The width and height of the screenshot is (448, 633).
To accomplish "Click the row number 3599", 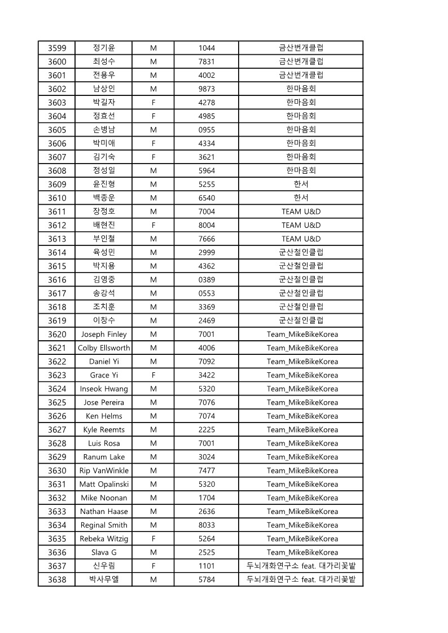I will pyautogui.click(x=57, y=48).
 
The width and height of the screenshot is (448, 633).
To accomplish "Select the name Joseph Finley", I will pyautogui.click(x=104, y=334).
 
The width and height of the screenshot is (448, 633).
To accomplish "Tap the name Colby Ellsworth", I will pyautogui.click(x=104, y=348).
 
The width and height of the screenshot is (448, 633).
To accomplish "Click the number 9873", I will pyautogui.click(x=207, y=89).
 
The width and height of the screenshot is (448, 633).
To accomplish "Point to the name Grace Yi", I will pyautogui.click(x=104, y=375).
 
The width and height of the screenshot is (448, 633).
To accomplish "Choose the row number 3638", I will pyautogui.click(x=57, y=579).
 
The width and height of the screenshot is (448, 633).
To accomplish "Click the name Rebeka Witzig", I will pyautogui.click(x=104, y=539).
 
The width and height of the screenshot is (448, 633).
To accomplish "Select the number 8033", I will pyautogui.click(x=207, y=525).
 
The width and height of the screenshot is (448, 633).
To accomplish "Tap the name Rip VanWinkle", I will pyautogui.click(x=104, y=471).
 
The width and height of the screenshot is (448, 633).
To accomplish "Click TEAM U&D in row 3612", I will pyautogui.click(x=301, y=225).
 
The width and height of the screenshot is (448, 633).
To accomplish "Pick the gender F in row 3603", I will pyautogui.click(x=153, y=102).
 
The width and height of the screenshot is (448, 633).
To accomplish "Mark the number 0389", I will pyautogui.click(x=207, y=279).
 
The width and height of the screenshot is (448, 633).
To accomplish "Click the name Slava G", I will pyautogui.click(x=104, y=552).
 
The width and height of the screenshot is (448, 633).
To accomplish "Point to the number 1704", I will pyautogui.click(x=207, y=498).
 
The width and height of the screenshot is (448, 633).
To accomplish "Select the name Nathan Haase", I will pyautogui.click(x=104, y=512).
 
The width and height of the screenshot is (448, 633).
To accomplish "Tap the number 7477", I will pyautogui.click(x=207, y=471).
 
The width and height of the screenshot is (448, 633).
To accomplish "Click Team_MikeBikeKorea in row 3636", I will pyautogui.click(x=302, y=552).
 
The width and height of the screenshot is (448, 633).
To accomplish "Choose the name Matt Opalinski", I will pyautogui.click(x=104, y=484).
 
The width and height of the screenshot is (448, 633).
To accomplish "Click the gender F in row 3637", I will pyautogui.click(x=153, y=566).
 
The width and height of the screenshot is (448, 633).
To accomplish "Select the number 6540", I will pyautogui.click(x=207, y=198).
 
